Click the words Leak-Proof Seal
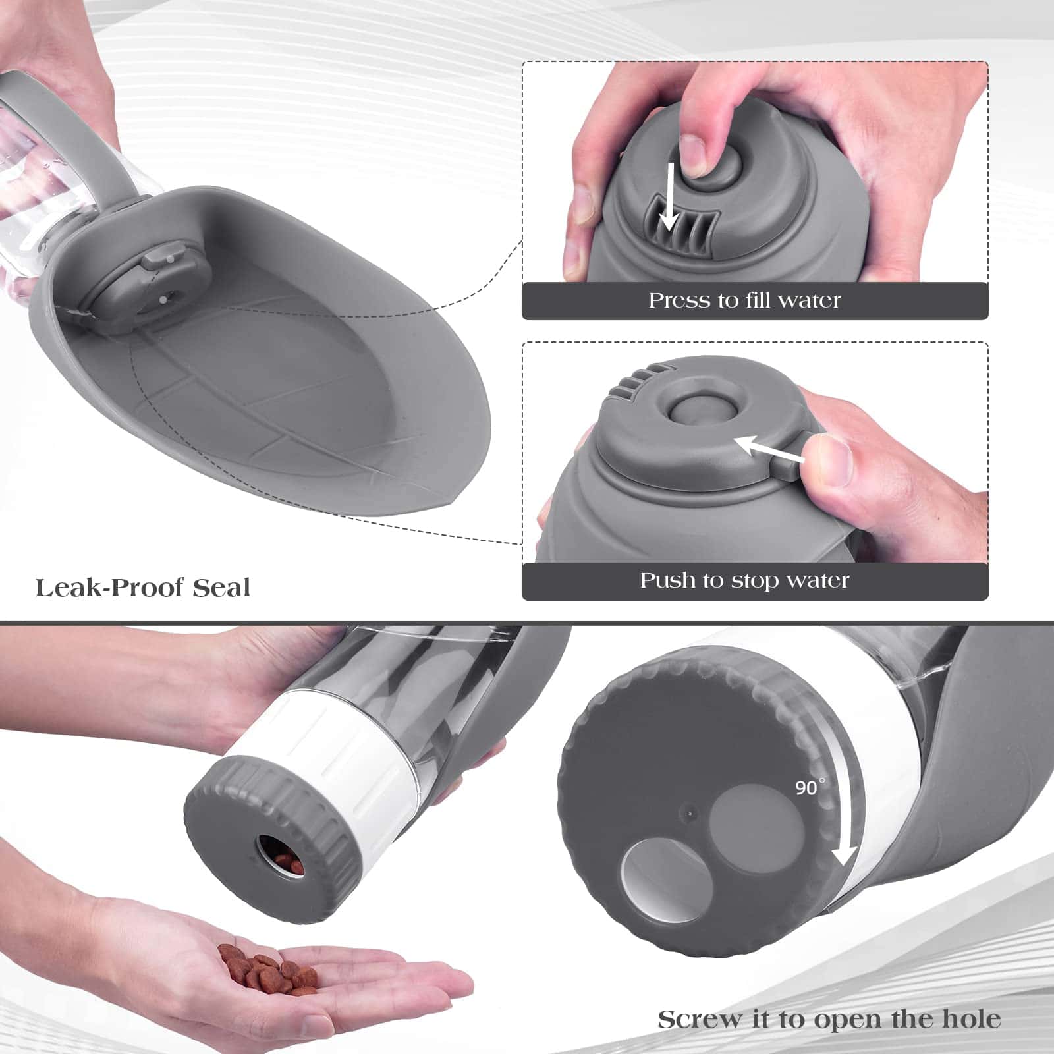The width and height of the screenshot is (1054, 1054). (142, 587)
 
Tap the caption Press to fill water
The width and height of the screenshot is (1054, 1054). (744, 300)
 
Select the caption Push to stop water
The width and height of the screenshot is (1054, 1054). (744, 580)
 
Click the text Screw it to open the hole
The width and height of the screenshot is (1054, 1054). (829, 1019)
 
